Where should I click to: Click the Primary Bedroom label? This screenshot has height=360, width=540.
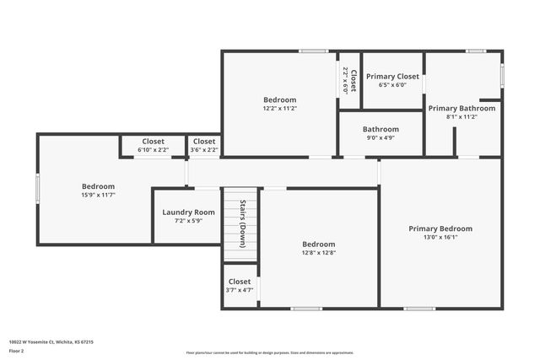(440, 228)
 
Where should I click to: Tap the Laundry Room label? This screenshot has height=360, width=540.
(188, 212)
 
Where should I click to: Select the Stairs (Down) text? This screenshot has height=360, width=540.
(243, 224)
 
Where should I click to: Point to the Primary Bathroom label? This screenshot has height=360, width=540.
(462, 108)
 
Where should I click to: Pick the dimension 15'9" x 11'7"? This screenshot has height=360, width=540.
(98, 195)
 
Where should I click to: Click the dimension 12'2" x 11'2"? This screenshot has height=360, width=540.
(279, 108)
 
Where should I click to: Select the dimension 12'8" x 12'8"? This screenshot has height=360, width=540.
(318, 252)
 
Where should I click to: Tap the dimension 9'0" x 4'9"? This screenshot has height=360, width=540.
(380, 137)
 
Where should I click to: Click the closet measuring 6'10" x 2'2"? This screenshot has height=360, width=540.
(153, 149)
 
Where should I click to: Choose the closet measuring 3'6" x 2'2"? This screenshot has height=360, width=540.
(204, 149)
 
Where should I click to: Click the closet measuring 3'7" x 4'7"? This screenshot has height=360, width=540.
(240, 290)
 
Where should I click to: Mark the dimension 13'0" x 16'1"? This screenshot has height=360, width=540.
(440, 237)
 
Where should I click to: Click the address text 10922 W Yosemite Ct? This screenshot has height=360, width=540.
(51, 342)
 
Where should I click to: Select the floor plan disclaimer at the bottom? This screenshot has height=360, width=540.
(270, 352)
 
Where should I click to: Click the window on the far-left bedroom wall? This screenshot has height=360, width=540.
(37, 187)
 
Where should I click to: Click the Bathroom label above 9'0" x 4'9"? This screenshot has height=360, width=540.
(380, 129)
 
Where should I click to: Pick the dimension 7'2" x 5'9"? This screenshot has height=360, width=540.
(188, 221)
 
